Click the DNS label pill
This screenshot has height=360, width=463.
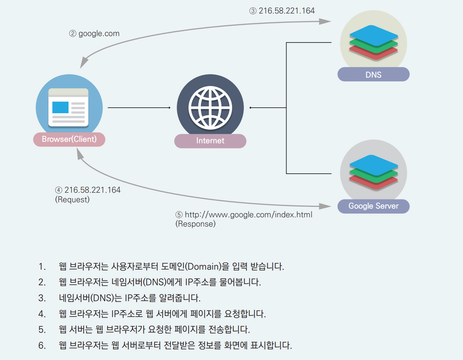(373, 75)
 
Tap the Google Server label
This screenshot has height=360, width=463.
(373, 206)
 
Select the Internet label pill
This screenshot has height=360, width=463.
(210, 141)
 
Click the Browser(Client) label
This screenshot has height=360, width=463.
(69, 139)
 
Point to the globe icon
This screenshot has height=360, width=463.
(210, 107)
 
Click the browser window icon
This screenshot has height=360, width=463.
(68, 107)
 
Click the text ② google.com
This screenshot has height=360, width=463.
(94, 34)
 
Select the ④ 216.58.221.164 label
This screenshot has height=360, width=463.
(88, 190)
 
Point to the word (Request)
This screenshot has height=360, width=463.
(72, 200)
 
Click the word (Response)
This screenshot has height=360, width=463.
(195, 224)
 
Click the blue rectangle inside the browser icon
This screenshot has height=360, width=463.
(60, 107)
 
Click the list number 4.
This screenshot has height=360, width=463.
(42, 314)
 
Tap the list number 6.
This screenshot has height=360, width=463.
(42, 345)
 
